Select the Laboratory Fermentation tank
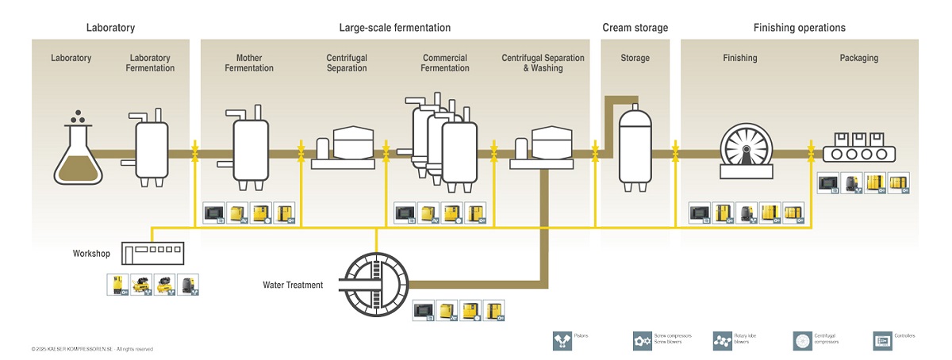click(152, 148)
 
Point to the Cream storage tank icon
click(635, 147)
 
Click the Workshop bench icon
click(152, 253)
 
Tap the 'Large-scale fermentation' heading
click(394, 28)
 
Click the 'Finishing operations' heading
click(799, 28)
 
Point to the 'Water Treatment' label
click(293, 285)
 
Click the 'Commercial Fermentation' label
click(445, 63)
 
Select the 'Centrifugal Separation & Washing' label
click(543, 63)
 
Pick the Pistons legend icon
click(562, 340)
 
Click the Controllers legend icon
click(882, 340)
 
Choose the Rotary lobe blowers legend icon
click(722, 340)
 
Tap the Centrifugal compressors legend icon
click(803, 340)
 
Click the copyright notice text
click(92, 349)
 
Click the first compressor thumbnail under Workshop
click(117, 284)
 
